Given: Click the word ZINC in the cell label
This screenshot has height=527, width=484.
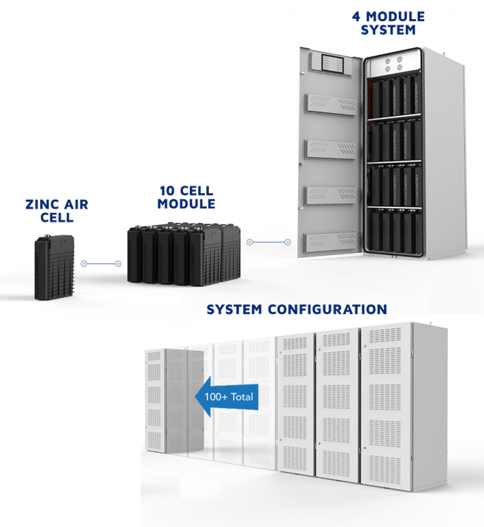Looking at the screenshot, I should (42, 204).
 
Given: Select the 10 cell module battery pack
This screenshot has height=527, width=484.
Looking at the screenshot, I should (184, 254).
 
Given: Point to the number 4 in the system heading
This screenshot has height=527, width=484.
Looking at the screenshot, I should (356, 17).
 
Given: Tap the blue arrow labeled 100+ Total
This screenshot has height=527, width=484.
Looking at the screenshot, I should (227, 397).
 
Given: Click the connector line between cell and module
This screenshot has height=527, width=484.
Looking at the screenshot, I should (101, 263).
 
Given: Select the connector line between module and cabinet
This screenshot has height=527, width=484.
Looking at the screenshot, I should (268, 242).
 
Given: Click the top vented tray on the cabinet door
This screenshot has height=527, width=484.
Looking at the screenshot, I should (331, 104).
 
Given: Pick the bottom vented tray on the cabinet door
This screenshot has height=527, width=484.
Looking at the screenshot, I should (330, 241).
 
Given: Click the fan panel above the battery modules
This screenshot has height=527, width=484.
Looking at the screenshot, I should (394, 63).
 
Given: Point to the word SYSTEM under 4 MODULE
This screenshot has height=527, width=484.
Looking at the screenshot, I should (388, 30).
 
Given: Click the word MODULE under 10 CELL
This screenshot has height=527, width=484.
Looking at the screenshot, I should (186, 204).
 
